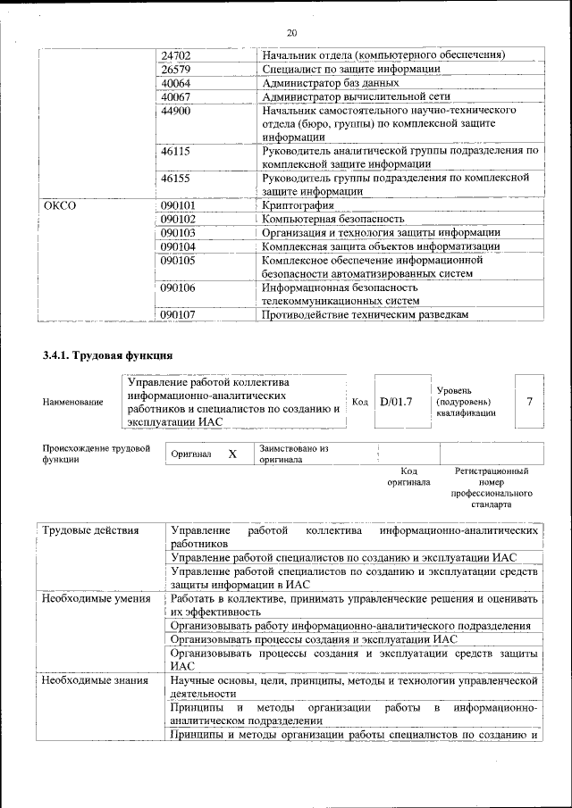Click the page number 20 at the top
[x=290, y=33]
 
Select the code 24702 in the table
[x=176, y=55]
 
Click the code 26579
[x=176, y=70]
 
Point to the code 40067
[x=176, y=96]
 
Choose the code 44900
[x=176, y=111]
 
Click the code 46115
[x=176, y=152]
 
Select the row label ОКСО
[x=60, y=205]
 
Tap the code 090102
[x=179, y=219]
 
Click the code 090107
[x=179, y=314]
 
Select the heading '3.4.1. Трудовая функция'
[x=107, y=355]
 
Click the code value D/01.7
[x=395, y=402]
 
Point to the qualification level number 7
[x=531, y=401]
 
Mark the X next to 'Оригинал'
[x=232, y=454]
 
